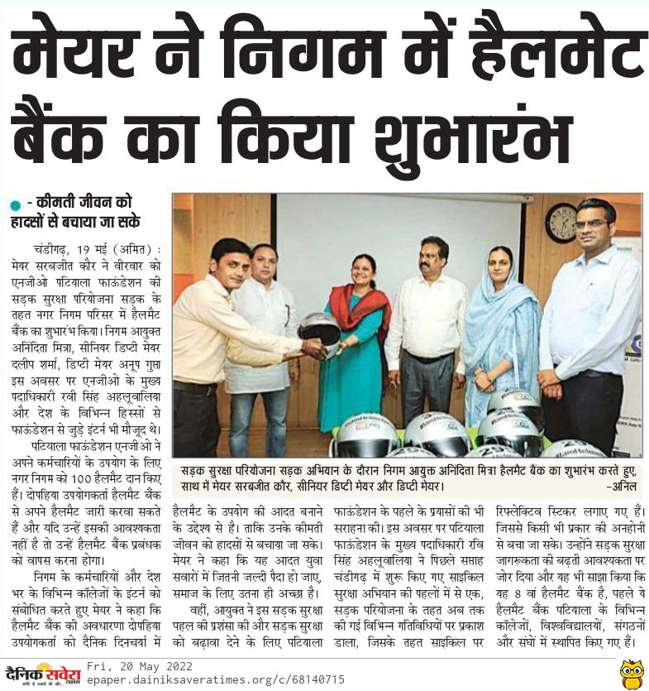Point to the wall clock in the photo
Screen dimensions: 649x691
click(x=561, y=222)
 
